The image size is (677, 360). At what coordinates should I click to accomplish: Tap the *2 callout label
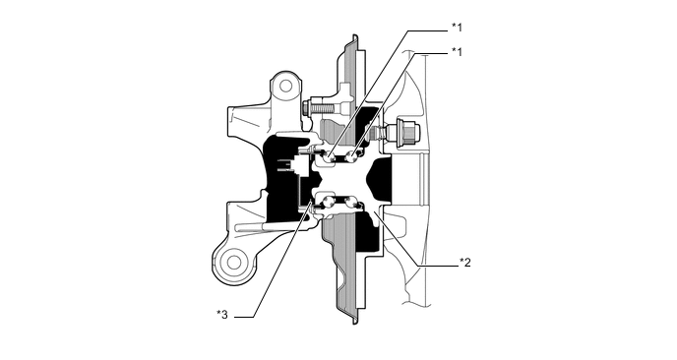click(466, 263)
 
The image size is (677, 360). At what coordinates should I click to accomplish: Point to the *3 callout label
click(222, 315)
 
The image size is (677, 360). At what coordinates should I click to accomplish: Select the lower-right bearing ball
click(351, 205)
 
